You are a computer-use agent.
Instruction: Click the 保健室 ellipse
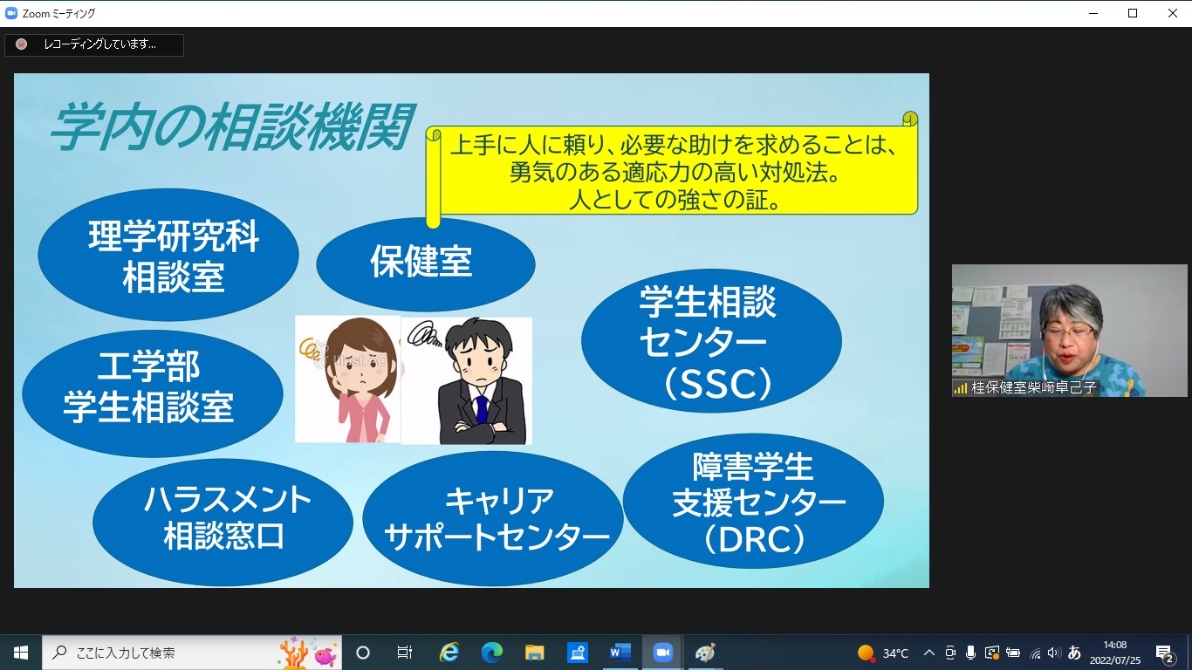tap(426, 264)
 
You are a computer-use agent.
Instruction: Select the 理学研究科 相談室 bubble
tap(168, 255)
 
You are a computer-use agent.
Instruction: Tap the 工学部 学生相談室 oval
tap(152, 393)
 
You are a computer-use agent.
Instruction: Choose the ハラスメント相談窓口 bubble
tap(223, 522)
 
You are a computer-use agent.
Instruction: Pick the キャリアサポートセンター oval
tap(493, 519)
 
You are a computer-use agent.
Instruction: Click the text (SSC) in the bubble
tap(718, 383)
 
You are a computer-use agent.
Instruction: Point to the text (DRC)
tap(755, 539)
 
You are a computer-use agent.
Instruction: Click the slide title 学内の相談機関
tap(232, 126)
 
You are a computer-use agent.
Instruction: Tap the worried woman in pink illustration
tap(348, 379)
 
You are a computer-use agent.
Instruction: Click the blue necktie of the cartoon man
tap(482, 409)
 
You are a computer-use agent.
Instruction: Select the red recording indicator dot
tap(21, 44)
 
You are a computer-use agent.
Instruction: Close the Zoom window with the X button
tap(1172, 13)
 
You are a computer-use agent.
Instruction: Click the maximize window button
tap(1133, 13)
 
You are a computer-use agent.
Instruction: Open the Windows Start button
tap(21, 653)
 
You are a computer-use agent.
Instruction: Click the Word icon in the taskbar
tap(620, 653)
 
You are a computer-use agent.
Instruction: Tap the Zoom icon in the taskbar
tap(662, 653)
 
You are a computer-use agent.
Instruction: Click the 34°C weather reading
tap(895, 653)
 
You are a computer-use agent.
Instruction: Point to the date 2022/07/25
tap(1115, 660)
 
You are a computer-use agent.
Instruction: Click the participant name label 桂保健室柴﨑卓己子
tap(1033, 387)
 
